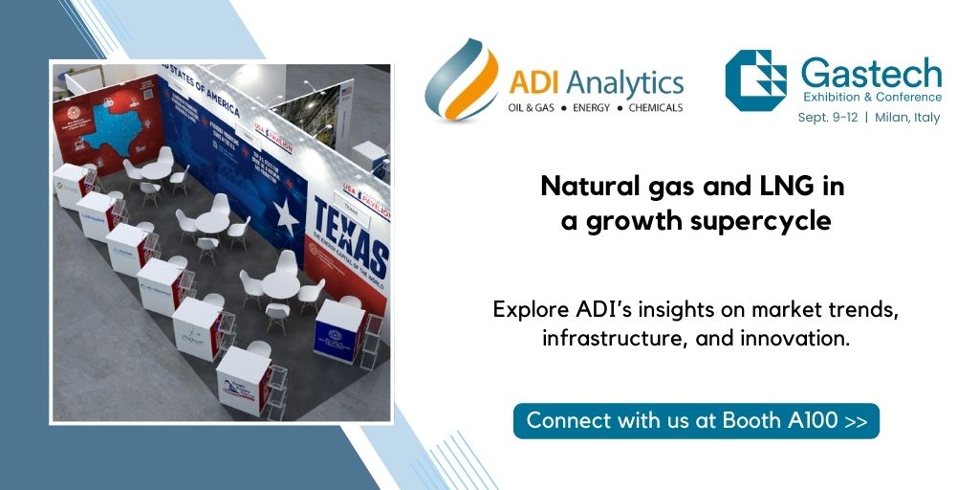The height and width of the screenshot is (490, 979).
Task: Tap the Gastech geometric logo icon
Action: point(755,80)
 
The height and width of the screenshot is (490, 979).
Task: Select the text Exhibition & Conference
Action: point(871,97)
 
